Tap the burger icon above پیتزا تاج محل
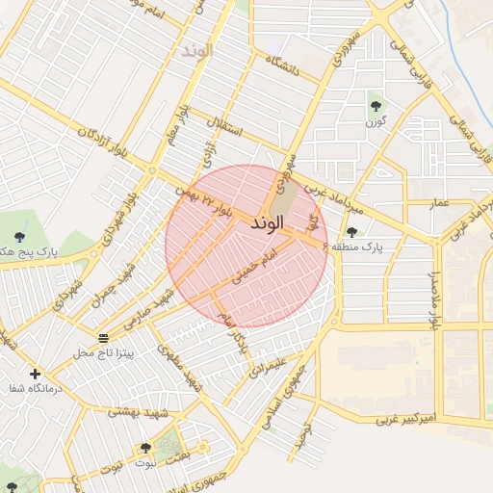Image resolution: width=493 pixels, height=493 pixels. (x=103, y=337)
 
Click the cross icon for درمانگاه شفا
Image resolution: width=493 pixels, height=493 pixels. (x=35, y=374)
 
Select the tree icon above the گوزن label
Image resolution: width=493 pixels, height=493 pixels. (x=375, y=106)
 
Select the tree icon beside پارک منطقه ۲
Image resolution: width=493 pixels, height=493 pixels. (x=351, y=231)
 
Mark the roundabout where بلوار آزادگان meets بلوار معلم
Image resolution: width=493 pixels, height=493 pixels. (x=151, y=170)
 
